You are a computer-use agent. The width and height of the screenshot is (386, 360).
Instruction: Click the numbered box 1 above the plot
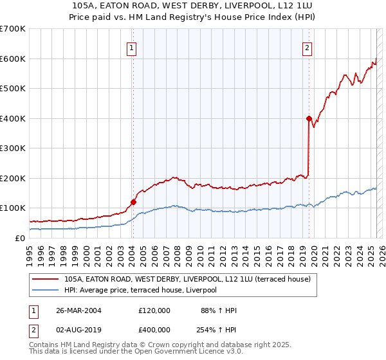coord(131,47)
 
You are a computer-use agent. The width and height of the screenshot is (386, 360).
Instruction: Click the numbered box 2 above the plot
coord(308,47)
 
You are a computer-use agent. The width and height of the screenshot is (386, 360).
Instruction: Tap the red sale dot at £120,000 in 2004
coord(134,202)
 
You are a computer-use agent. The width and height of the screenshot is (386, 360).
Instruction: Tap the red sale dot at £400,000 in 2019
coord(309,118)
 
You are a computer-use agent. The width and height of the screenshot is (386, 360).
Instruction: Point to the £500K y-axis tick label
coord(12,88)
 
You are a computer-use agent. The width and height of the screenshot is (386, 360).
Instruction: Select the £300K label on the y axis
coord(12,148)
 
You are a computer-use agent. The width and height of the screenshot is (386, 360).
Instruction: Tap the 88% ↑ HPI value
coord(219,310)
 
